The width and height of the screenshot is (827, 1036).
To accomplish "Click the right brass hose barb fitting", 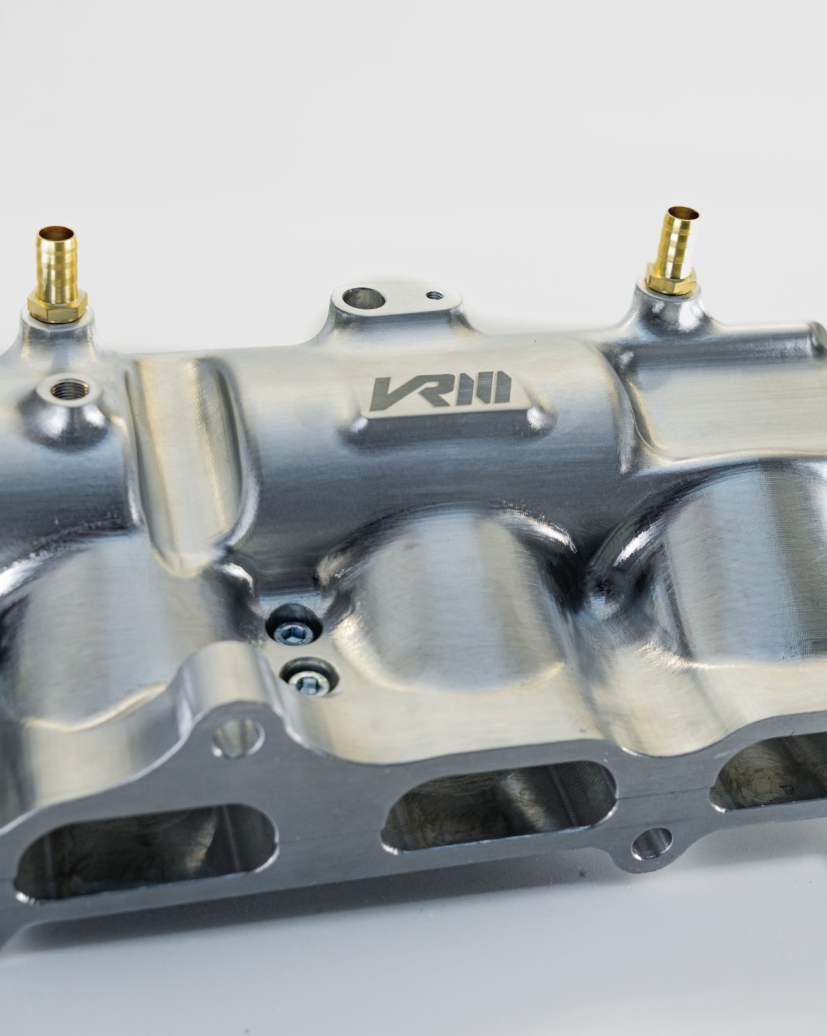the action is click(672, 252).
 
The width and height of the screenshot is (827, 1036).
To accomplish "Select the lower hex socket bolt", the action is click(306, 681).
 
